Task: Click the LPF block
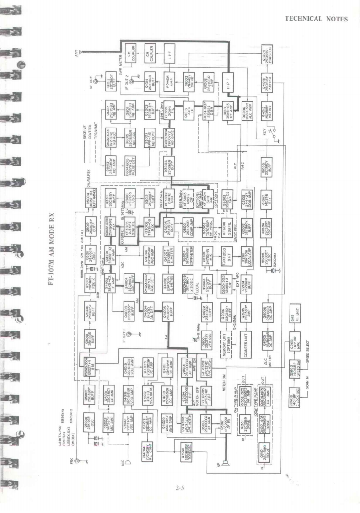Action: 169,53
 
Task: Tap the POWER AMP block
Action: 169,82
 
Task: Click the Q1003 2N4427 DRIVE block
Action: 188,82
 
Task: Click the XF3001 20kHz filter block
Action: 169,110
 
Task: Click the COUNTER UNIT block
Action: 247,339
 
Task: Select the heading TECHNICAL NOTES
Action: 316,19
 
